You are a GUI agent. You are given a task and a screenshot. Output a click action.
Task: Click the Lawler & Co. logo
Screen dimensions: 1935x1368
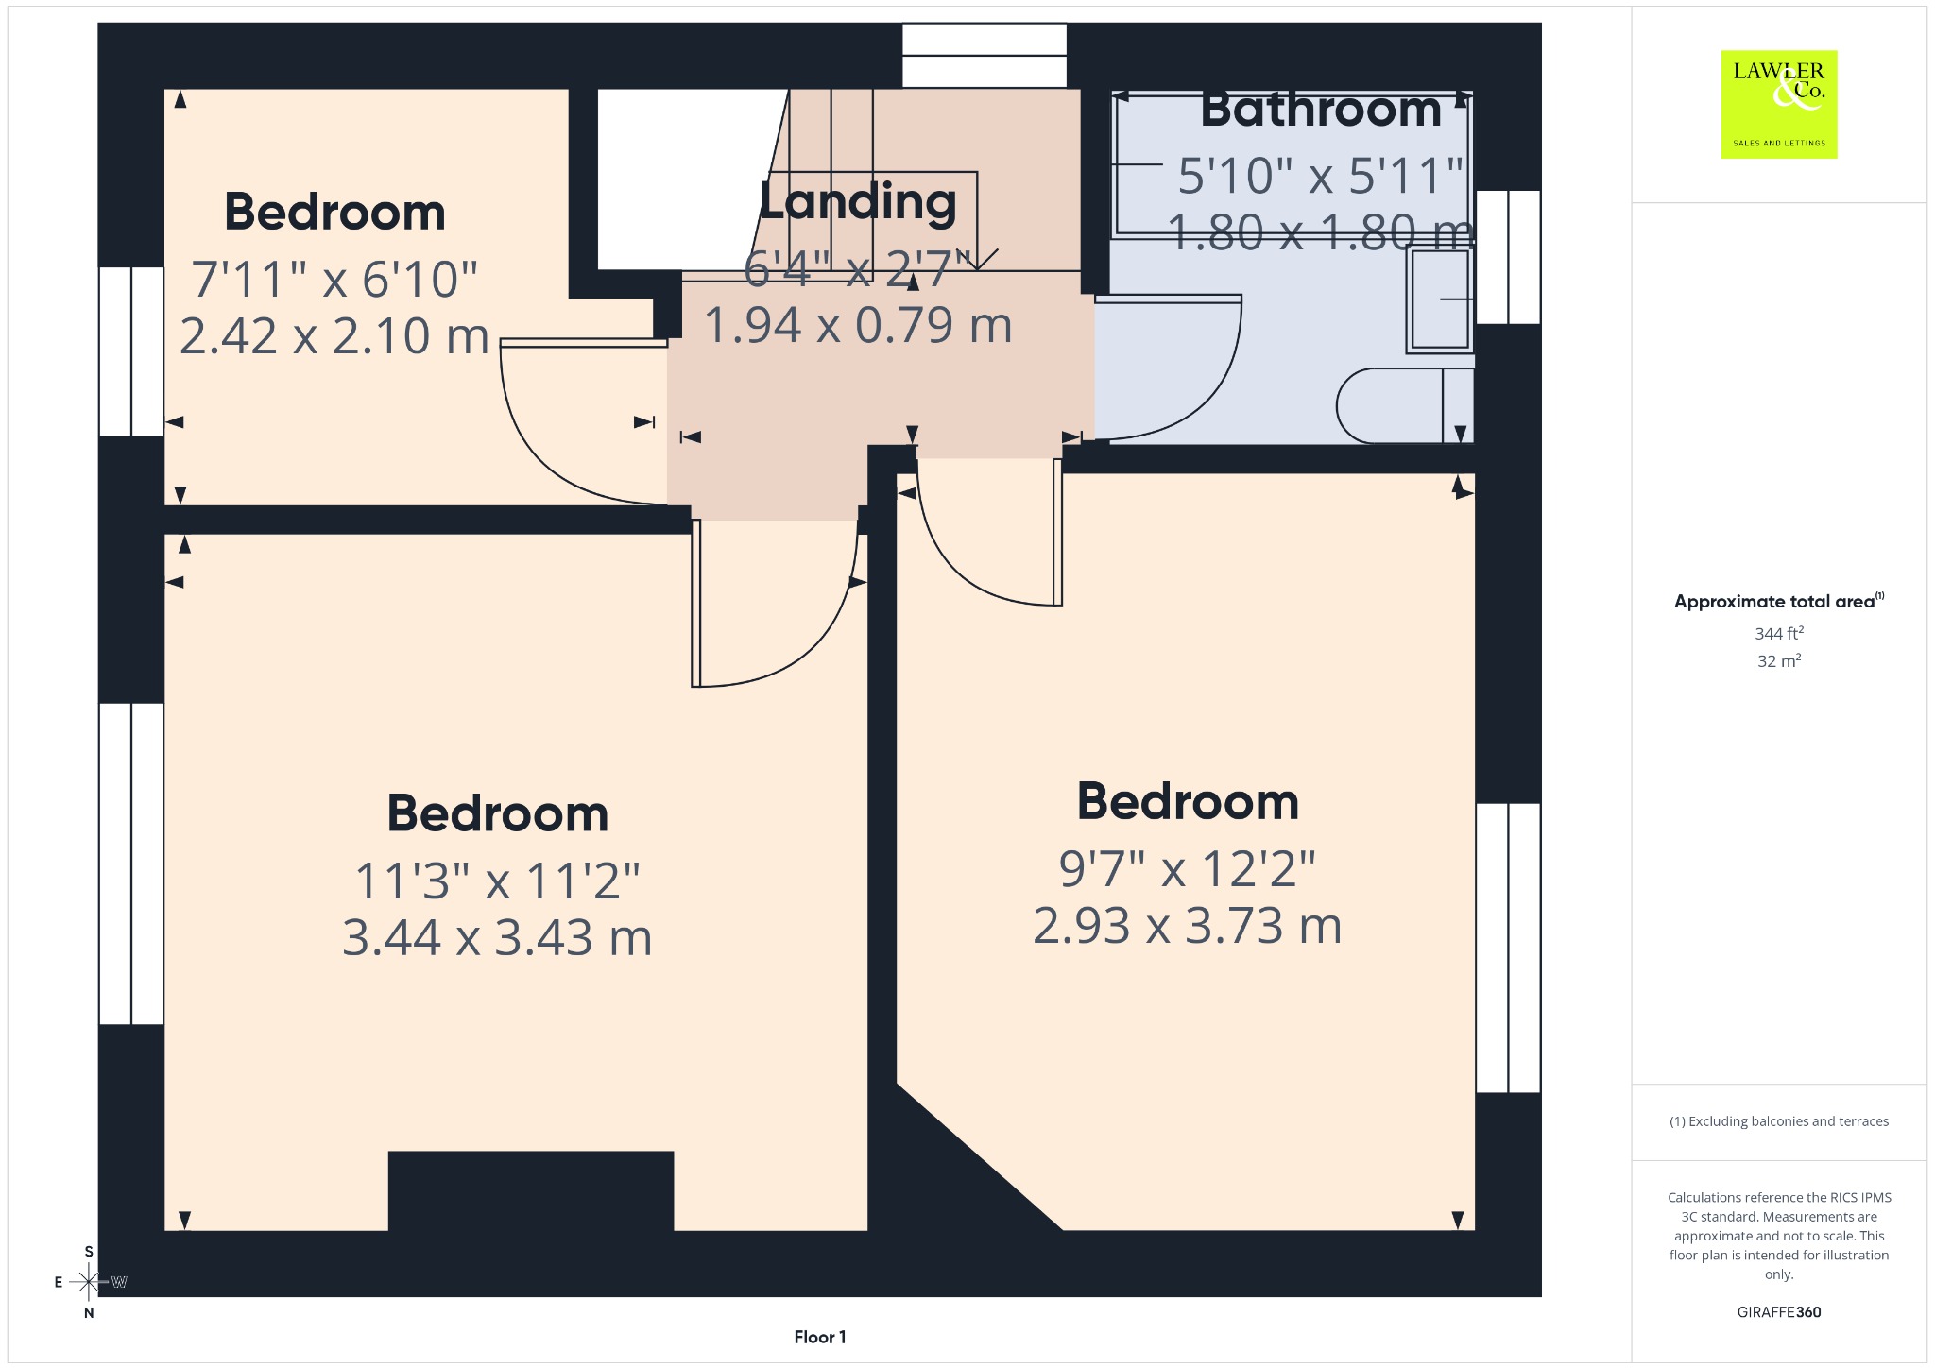click(x=1779, y=104)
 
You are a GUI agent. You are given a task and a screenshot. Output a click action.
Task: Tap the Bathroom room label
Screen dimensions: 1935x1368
click(x=1321, y=110)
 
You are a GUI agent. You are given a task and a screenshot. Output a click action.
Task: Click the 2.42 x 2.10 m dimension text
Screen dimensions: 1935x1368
click(x=334, y=336)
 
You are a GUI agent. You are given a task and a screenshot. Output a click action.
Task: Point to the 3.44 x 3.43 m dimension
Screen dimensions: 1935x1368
click(x=497, y=938)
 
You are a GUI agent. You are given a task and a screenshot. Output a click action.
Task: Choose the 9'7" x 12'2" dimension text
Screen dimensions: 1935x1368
click(x=1187, y=869)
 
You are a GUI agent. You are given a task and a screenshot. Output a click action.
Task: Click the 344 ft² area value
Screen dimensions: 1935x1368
click(x=1779, y=634)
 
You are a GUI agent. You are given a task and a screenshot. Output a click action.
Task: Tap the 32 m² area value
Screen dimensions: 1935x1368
click(x=1779, y=661)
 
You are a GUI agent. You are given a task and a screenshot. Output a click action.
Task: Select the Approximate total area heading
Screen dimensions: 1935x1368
click(x=1779, y=602)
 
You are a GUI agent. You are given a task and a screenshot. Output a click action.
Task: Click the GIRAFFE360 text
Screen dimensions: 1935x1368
click(x=1779, y=1312)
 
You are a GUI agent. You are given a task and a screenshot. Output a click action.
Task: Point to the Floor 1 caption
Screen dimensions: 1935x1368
click(x=820, y=1337)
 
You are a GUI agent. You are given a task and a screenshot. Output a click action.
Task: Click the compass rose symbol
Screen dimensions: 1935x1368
click(x=89, y=1282)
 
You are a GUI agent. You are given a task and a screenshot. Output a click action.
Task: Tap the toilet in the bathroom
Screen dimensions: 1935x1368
click(x=1405, y=406)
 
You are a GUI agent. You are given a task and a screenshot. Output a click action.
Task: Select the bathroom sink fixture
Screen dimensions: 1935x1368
click(x=1440, y=299)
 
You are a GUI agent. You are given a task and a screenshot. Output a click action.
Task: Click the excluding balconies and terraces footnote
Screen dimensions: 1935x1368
click(x=1779, y=1121)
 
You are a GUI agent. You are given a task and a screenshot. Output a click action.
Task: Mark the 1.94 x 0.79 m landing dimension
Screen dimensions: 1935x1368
click(x=858, y=326)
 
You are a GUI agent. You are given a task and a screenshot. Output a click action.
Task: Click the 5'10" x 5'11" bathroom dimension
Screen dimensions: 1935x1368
click(x=1321, y=176)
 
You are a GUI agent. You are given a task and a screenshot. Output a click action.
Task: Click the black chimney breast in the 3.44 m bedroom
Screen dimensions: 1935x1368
click(x=531, y=1191)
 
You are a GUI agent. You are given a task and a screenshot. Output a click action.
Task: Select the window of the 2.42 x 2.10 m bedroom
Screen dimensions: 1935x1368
click(x=131, y=351)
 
